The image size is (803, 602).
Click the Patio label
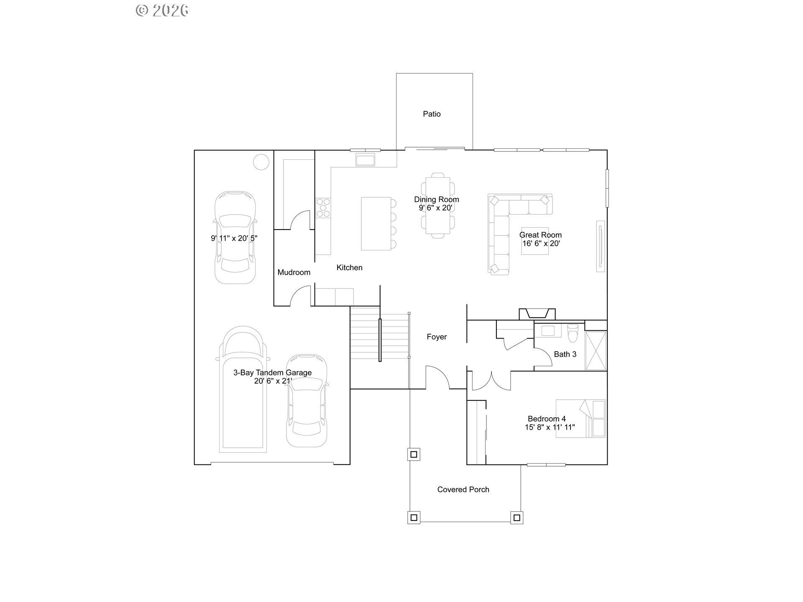coord(432,114)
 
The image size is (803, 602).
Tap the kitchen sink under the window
coord(365,160)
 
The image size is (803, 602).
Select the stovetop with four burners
coord(323,208)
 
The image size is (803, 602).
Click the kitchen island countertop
coord(376,224)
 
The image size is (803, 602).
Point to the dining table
coord(438,205)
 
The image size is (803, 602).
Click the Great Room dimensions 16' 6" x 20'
coord(541,244)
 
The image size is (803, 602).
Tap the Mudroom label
coord(294,272)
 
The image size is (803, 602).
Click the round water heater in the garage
coord(261,162)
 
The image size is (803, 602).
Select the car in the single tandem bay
coord(235,237)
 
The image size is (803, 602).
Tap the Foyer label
coord(437,337)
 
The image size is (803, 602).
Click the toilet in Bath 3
coord(573,333)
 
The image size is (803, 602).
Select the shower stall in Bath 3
coord(596,351)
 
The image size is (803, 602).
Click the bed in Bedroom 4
coord(581,418)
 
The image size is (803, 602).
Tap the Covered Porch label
coord(463,490)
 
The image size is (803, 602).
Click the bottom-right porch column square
coord(517,518)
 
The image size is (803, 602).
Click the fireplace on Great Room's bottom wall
coord(537,314)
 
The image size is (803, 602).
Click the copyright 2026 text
coord(162,10)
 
